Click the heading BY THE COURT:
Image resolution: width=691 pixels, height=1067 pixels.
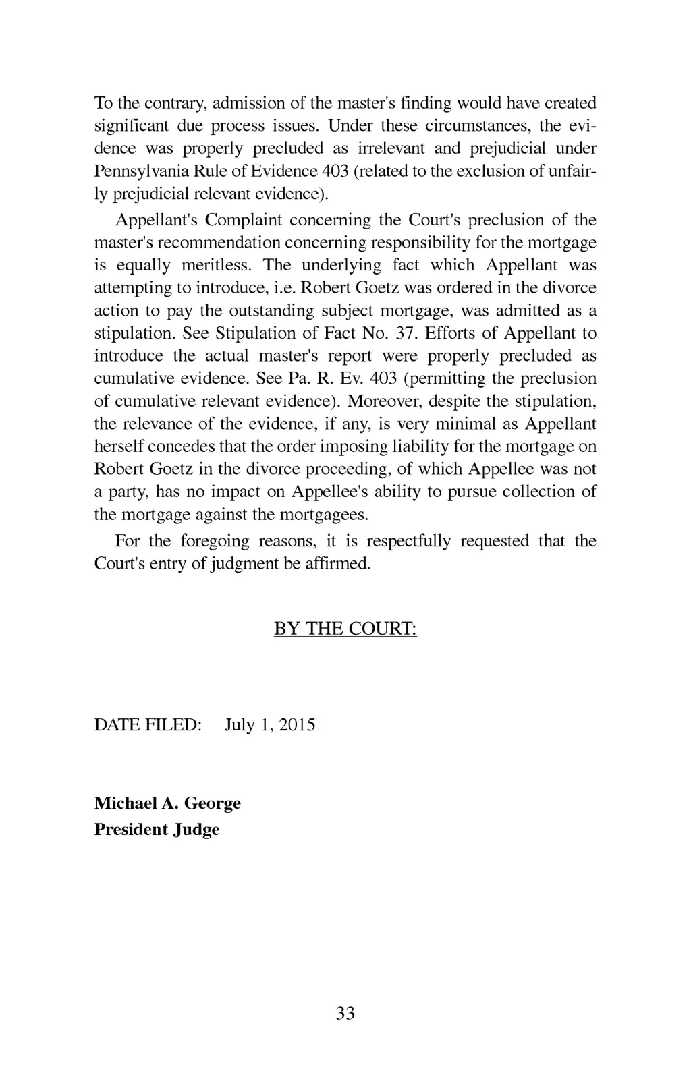tap(345, 629)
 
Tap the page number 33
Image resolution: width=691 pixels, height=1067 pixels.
tap(345, 1012)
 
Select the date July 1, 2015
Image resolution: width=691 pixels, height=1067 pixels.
tap(270, 725)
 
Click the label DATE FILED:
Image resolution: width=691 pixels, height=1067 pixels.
tap(148, 725)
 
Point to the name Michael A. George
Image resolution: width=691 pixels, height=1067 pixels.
tap(167, 803)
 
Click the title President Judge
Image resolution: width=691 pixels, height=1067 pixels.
tap(157, 829)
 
